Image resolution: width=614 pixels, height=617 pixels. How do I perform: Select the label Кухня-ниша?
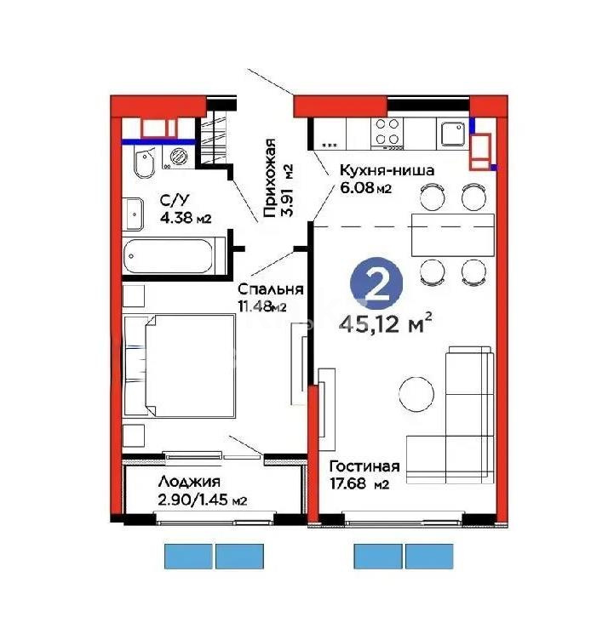click(x=375, y=170)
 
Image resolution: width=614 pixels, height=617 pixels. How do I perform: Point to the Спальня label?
click(x=266, y=288)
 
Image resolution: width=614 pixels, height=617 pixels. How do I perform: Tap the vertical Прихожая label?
click(x=270, y=178)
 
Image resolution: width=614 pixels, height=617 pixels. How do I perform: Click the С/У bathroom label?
click(x=175, y=201)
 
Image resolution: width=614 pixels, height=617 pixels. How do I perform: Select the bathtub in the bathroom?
click(x=175, y=256)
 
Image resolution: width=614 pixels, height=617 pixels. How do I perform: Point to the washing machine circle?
click(x=180, y=157)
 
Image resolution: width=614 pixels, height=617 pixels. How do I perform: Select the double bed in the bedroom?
click(x=181, y=365)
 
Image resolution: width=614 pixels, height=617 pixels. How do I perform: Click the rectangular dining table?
click(x=452, y=233)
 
